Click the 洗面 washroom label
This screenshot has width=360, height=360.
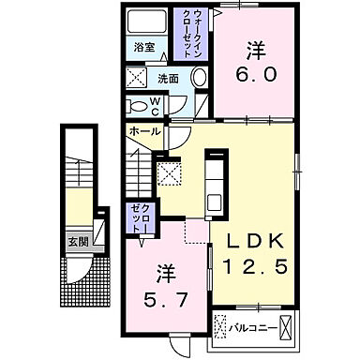[169, 78]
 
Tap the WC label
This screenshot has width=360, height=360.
[156, 105]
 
